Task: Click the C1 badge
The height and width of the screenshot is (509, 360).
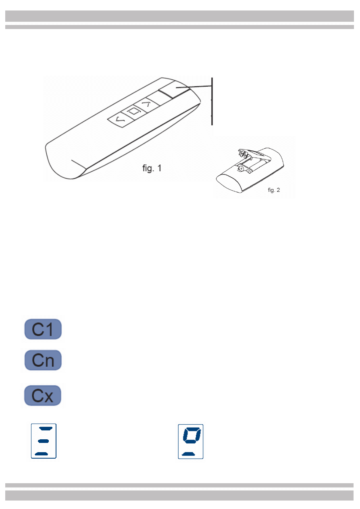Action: pos(43,329)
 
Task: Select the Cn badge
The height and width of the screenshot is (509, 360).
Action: pos(43,360)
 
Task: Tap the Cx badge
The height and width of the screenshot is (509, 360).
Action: pos(43,395)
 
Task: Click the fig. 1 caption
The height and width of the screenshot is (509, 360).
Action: pos(152,168)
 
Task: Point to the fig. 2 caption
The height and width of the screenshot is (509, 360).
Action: pos(274,190)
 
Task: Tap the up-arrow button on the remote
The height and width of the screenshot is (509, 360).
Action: pos(146,104)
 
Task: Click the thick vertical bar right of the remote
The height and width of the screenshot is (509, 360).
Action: pos(212,101)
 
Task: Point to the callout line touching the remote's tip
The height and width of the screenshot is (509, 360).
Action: pos(194,87)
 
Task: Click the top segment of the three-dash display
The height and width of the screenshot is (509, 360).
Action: pos(46,428)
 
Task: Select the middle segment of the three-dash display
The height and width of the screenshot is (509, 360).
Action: pos(43,441)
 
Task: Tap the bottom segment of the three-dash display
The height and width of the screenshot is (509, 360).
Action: pos(41,454)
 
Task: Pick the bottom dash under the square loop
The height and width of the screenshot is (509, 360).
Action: pos(188,454)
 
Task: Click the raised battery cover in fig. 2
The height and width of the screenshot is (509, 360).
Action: pos(254,154)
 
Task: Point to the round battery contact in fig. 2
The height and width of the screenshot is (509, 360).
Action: pos(240,168)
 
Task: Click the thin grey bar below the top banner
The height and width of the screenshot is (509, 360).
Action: pos(179,27)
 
